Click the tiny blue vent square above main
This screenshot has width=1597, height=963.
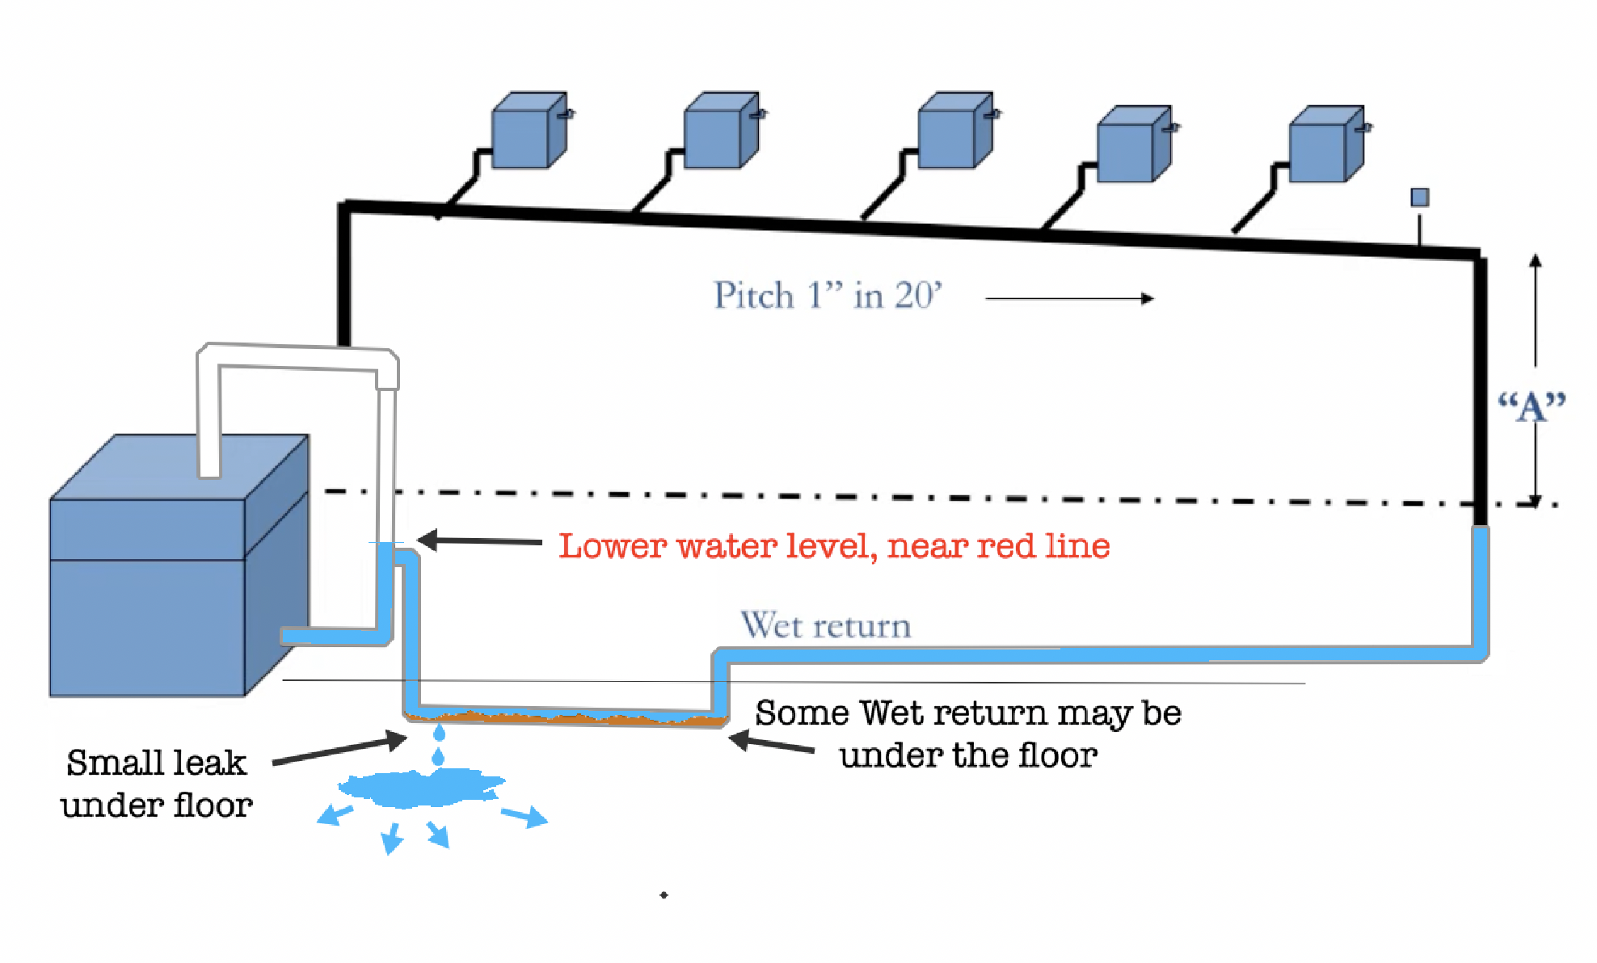tap(1419, 198)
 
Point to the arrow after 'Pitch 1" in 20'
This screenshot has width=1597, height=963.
tap(1069, 299)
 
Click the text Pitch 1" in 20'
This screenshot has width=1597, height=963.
tap(827, 296)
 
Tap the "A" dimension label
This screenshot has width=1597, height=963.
tap(1531, 406)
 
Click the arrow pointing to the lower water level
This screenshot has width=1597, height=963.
tap(480, 540)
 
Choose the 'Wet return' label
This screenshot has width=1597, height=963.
tap(825, 626)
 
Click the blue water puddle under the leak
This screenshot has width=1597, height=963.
tap(420, 788)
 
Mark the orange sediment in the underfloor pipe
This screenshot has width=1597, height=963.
tap(566, 717)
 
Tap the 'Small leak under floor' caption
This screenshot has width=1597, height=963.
tap(156, 784)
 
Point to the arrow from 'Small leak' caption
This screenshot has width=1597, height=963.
tap(339, 750)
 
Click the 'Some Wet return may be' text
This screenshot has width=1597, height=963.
tap(967, 713)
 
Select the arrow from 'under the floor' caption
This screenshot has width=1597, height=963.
tap(772, 742)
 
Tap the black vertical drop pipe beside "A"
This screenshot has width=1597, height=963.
tap(1480, 388)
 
